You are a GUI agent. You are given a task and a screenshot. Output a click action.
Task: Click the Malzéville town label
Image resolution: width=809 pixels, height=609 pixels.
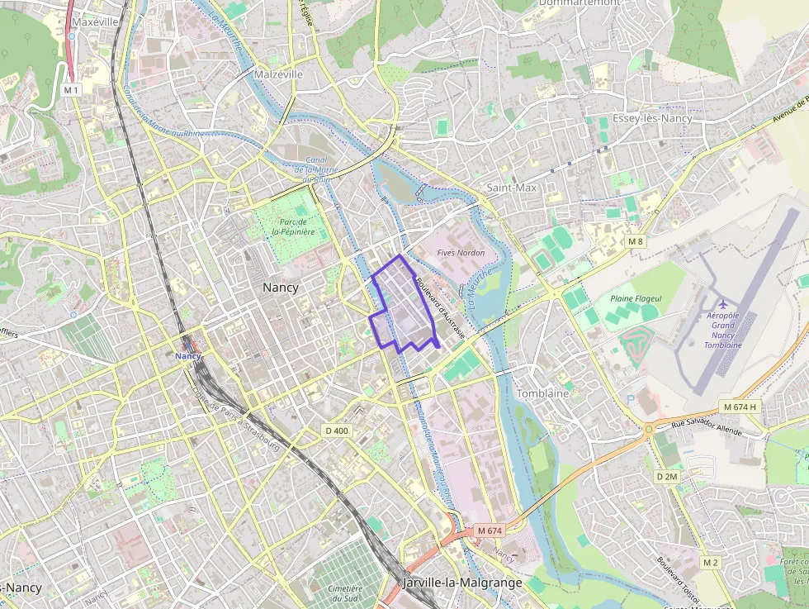click(x=278, y=74)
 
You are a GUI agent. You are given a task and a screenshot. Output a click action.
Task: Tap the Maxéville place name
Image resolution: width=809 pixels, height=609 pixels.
click(x=96, y=21)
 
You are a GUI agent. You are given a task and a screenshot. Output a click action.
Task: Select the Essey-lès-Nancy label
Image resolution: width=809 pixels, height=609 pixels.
click(x=652, y=118)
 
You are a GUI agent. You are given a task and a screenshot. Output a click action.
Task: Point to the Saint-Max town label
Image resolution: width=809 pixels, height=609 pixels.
click(x=511, y=188)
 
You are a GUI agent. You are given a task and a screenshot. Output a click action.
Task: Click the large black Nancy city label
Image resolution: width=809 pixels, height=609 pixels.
click(x=280, y=288)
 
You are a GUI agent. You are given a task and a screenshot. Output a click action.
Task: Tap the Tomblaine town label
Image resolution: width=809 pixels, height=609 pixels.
click(x=542, y=393)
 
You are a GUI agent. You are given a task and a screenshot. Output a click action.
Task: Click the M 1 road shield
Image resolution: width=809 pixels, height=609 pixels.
click(x=71, y=88)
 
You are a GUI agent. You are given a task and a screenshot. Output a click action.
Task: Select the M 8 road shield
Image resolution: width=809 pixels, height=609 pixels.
click(x=634, y=241)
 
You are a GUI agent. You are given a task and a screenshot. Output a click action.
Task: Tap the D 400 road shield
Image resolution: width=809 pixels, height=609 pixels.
click(x=337, y=431)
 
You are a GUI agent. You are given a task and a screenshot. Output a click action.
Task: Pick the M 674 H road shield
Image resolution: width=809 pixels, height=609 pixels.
click(x=739, y=407)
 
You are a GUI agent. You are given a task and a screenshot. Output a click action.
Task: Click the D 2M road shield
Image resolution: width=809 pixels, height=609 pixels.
click(x=666, y=477)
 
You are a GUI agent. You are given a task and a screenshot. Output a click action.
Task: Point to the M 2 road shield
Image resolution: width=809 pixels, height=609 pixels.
click(x=711, y=562)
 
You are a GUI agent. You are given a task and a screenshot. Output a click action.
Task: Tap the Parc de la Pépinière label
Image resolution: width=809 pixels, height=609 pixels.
click(x=295, y=227)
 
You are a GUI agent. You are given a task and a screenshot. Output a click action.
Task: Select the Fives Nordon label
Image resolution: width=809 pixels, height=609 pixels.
click(x=461, y=252)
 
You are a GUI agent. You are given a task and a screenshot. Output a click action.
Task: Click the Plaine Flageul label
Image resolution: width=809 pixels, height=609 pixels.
click(x=636, y=298)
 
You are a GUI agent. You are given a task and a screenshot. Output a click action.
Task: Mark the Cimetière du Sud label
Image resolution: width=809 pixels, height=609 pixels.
click(x=345, y=593)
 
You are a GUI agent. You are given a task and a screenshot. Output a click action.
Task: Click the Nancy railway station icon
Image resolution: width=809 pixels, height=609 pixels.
click(x=188, y=345)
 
